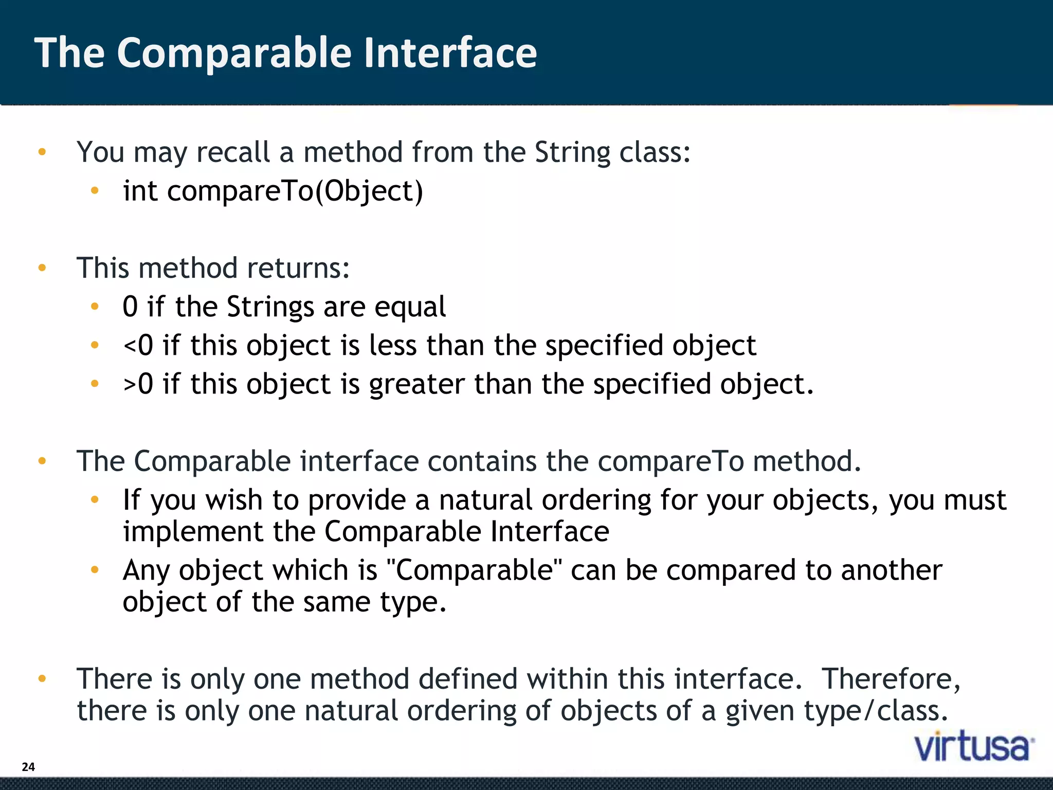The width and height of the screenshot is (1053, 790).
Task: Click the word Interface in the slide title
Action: coord(450,53)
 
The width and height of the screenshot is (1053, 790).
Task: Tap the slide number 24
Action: coord(28,767)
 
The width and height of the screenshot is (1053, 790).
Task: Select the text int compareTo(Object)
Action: coord(273,191)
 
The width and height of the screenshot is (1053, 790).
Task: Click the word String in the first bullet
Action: coord(572,153)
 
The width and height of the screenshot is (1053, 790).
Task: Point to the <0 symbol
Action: coord(138,346)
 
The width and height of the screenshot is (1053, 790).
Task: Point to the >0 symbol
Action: coord(138,384)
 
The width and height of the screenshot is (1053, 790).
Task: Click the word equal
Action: coord(410,307)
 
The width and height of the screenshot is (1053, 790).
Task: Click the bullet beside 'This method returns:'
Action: coord(42,268)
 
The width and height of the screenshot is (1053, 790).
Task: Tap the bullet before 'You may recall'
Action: coord(42,152)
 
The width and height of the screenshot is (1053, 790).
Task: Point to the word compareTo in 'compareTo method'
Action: coord(670,461)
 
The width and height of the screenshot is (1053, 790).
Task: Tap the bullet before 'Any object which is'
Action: coord(95,569)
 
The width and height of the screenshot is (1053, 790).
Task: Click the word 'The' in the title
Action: coord(69,53)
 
